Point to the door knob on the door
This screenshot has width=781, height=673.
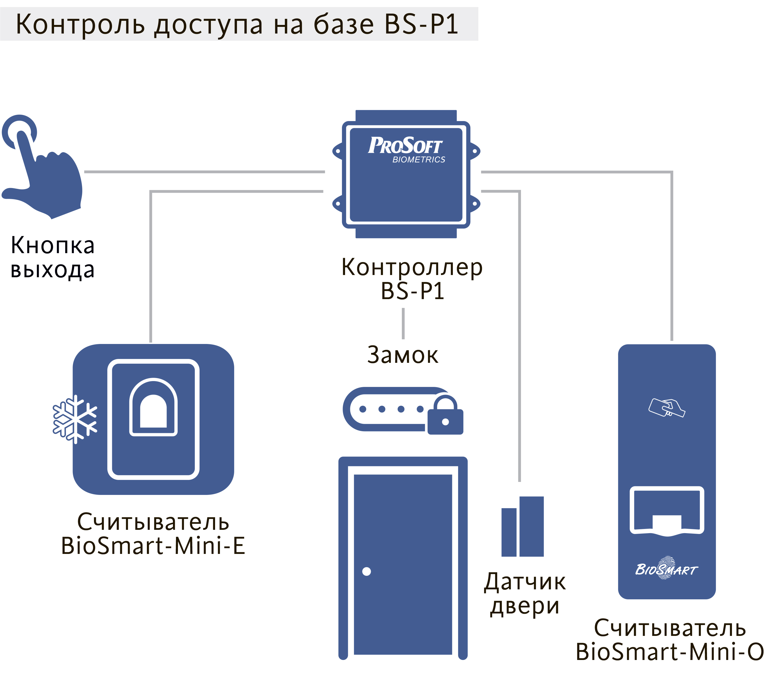coord(366,571)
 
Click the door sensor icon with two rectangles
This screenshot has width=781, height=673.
coord(522,527)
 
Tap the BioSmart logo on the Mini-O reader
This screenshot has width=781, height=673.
coord(667,569)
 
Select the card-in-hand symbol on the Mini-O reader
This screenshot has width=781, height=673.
coord(667,408)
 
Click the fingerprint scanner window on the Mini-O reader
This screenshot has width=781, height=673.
coord(667,510)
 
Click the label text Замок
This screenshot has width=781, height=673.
coord(403,355)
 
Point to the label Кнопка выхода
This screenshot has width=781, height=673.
coord(52,257)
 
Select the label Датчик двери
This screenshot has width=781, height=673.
coord(525,594)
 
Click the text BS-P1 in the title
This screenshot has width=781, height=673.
coord(421,24)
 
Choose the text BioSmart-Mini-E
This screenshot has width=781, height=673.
coord(153,545)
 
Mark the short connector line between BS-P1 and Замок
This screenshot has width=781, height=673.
coord(403,323)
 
